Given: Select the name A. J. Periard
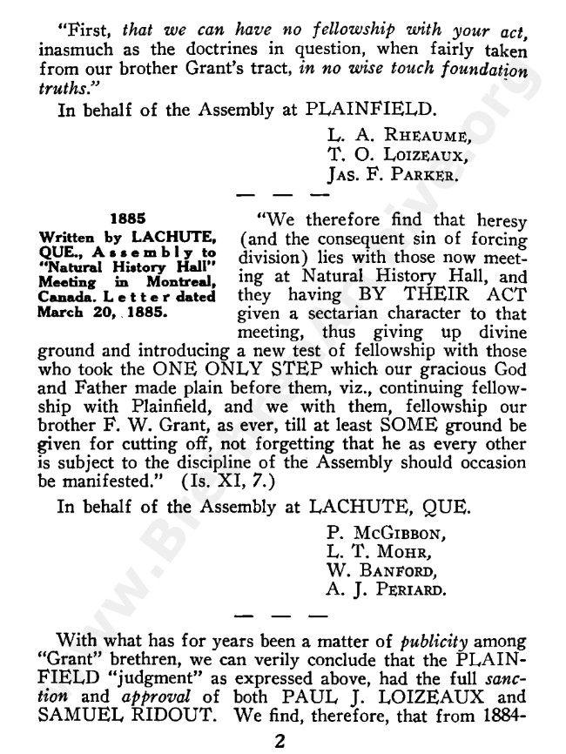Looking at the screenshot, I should point(384,593).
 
